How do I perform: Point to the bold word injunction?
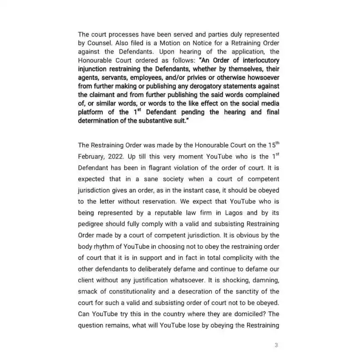click(x=94, y=69)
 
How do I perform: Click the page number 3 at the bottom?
click(x=276, y=346)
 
